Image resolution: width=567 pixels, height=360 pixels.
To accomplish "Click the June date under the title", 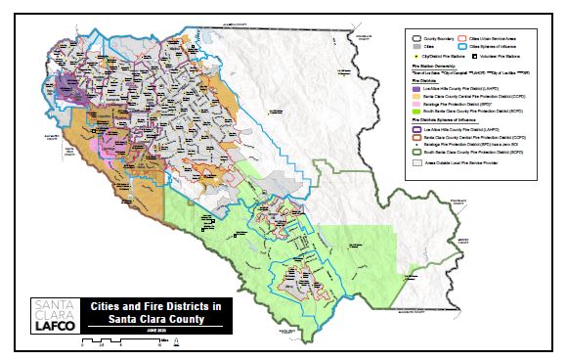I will [x=154, y=330].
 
